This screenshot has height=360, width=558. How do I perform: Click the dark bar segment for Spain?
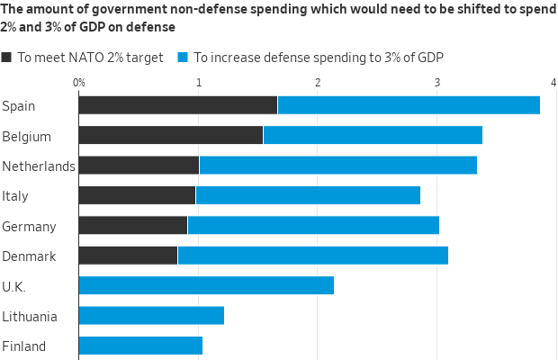[177, 105]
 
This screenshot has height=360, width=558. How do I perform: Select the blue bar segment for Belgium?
[373, 135]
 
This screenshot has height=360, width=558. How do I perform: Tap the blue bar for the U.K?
[206, 285]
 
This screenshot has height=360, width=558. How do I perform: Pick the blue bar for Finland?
[140, 346]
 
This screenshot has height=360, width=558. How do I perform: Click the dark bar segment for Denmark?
[128, 256]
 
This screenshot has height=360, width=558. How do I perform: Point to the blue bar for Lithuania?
[151, 316]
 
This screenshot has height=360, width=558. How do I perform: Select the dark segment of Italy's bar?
[137, 195]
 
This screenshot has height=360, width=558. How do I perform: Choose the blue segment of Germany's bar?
[313, 225]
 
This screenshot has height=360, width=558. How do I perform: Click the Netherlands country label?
[39, 166]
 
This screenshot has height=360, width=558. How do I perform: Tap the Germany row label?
[30, 227]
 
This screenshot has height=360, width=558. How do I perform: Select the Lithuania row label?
[30, 317]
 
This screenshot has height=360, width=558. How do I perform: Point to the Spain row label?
[19, 106]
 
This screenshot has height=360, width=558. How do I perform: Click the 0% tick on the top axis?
[78, 83]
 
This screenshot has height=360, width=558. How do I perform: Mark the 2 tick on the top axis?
[318, 83]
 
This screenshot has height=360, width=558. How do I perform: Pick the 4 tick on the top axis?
[553, 83]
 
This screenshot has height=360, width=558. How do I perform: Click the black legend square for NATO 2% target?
[6, 58]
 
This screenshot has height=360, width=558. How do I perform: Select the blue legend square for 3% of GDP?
[182, 58]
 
